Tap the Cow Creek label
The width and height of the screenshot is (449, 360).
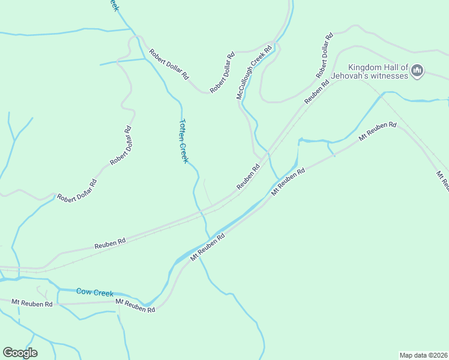95,292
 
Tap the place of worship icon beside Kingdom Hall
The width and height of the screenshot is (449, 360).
418,71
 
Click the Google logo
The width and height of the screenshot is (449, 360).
20,352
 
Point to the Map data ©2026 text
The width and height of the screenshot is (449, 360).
423,355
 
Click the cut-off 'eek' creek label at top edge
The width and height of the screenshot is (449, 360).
113,5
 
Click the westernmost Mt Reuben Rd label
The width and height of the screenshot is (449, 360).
32,304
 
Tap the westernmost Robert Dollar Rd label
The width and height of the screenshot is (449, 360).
76,190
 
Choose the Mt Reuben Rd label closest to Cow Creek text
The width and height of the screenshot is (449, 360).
135,305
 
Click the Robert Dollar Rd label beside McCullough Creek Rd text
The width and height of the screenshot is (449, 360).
222,73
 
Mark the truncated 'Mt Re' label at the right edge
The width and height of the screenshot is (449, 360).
443,180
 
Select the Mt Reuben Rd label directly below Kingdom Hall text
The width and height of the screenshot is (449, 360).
378,131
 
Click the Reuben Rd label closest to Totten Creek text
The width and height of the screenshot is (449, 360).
248,178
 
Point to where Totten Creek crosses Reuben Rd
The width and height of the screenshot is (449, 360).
199,210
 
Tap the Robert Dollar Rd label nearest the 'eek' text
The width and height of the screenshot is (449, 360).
169,64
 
